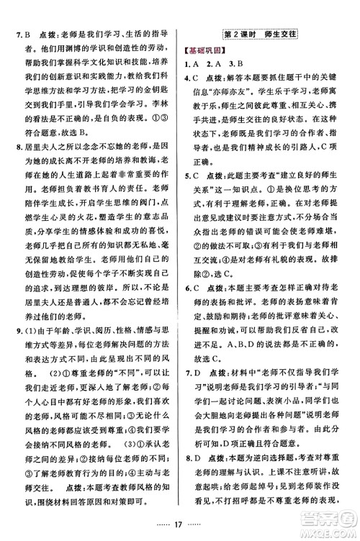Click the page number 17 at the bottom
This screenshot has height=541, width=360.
(179, 514)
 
